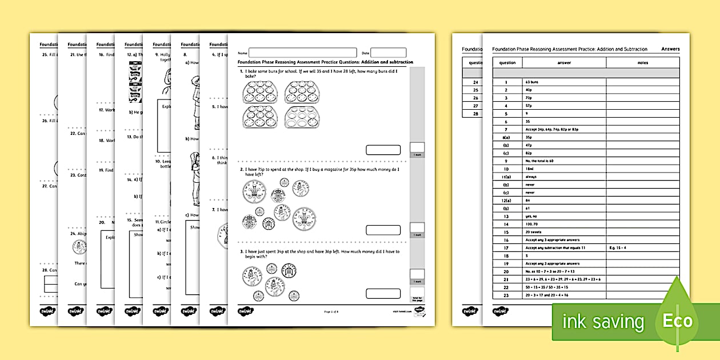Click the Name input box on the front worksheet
point(302,53)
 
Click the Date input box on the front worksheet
point(389,53)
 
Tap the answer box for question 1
point(383,150)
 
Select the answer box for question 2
point(383,230)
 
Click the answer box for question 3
point(383,294)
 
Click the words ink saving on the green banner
point(603,322)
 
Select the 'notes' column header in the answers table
point(642,63)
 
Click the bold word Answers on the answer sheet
point(670,49)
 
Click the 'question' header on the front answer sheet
point(507,63)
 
